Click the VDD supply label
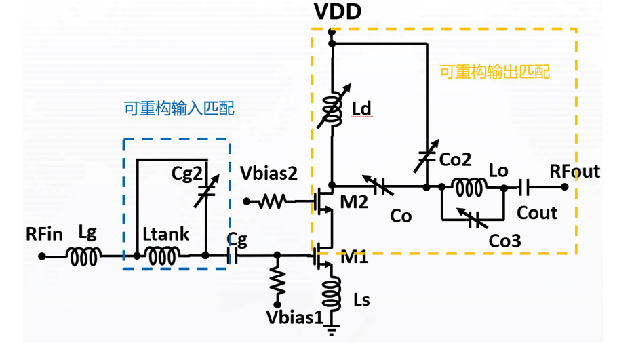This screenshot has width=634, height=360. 338,12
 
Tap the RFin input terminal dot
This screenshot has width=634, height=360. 41,256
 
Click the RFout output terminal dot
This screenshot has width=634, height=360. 564,187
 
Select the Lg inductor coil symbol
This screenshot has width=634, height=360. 83,257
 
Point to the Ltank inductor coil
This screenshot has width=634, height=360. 162,257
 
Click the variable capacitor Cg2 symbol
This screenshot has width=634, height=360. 207,191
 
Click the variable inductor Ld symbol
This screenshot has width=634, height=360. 334,107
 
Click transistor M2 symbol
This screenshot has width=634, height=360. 323,201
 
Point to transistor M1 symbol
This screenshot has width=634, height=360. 323,256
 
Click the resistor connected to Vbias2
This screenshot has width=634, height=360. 272,201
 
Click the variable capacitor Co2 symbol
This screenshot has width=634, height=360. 427,156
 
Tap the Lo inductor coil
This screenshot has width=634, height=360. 469,187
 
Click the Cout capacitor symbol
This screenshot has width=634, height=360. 524,187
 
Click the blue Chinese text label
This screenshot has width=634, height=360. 179,108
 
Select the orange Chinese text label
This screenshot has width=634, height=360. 494,72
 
